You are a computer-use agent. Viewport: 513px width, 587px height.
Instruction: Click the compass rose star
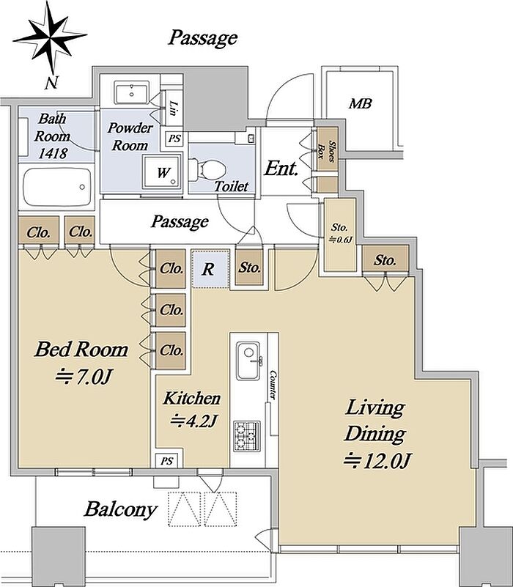50,37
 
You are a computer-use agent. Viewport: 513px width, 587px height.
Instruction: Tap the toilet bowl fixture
208,170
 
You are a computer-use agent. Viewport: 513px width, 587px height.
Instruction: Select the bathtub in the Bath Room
57,186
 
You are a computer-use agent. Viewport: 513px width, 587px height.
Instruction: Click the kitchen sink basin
248,360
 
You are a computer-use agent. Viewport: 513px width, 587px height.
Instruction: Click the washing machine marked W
162,172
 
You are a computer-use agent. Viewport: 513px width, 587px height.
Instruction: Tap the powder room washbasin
132,92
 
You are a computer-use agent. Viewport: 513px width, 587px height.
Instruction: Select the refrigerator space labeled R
210,269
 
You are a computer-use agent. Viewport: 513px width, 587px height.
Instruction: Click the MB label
360,103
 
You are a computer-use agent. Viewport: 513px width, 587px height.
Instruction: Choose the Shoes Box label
326,149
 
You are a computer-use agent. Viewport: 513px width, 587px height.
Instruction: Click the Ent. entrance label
281,169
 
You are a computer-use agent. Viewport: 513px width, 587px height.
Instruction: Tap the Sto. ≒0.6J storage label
340,234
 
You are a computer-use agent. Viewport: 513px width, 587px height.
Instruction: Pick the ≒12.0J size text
377,460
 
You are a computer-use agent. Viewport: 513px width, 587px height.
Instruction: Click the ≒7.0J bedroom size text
83,376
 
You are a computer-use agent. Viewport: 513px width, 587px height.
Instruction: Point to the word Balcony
120,510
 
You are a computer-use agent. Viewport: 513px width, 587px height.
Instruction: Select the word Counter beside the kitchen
273,385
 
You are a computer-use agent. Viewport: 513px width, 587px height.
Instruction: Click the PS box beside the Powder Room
174,139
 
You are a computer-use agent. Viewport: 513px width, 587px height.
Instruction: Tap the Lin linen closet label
173,108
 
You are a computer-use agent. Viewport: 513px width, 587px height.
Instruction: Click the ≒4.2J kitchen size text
193,421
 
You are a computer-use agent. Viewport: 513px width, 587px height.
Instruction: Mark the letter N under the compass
51,82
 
